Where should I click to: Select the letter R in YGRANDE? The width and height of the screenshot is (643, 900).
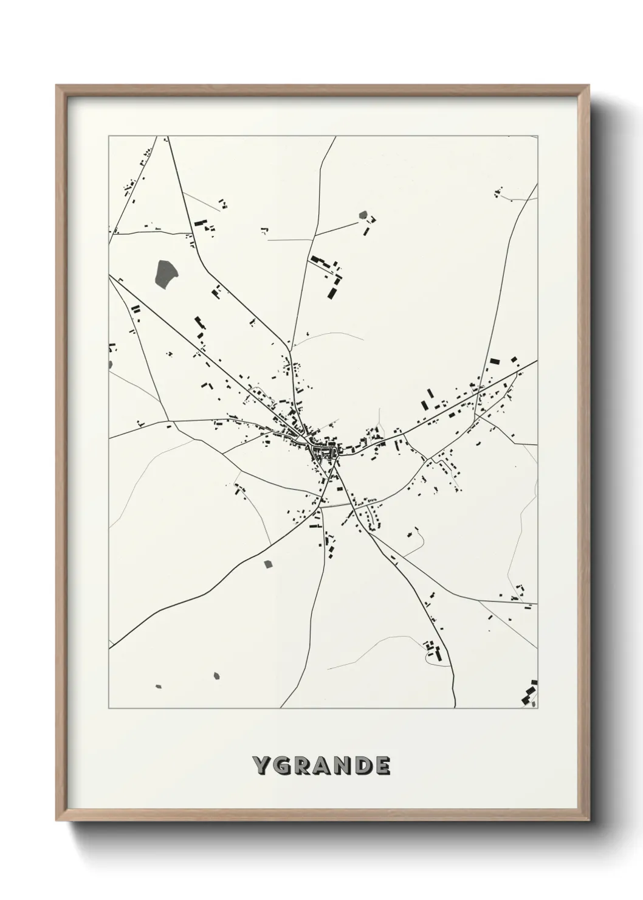[x=301, y=766]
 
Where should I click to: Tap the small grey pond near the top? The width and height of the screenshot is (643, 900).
[x=363, y=215]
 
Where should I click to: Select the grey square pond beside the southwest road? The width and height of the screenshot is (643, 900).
[x=268, y=564]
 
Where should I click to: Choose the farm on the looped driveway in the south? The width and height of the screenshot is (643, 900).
[x=433, y=650]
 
